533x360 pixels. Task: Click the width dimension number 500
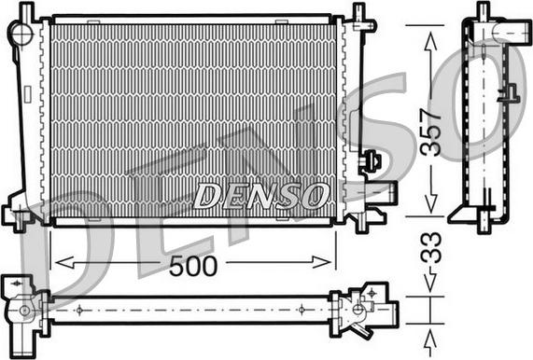point(194,265)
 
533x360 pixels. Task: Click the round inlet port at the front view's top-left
point(21,33)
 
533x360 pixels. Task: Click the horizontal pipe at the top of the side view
point(504,33)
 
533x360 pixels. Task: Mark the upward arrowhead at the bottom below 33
point(430,337)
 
